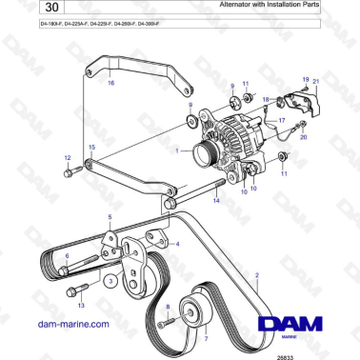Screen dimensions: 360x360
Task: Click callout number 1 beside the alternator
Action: [x=177, y=150]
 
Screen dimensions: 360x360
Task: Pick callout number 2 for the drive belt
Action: [x=256, y=276]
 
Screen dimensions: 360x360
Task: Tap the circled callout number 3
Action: [x=110, y=283]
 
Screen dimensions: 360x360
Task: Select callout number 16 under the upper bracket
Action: [x=111, y=84]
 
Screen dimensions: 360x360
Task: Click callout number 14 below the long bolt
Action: [x=218, y=201]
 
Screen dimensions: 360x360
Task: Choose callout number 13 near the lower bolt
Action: [x=81, y=306]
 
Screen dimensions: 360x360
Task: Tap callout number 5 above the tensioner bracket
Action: [x=110, y=218]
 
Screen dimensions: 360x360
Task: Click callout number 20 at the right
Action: [x=303, y=136]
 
